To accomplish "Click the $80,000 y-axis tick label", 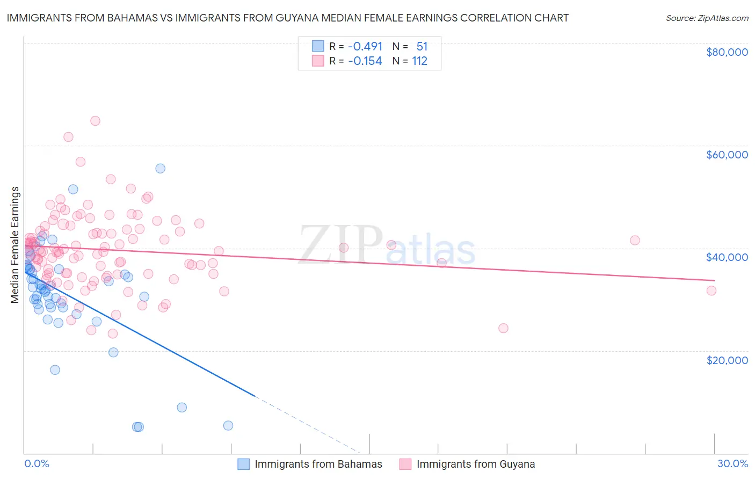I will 727,52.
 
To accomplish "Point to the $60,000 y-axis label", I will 727,155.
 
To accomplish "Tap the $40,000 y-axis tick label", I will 727,257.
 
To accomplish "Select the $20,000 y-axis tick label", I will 727,360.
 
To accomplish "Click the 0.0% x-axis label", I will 37,463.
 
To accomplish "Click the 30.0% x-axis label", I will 732,463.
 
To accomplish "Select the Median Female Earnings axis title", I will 15,245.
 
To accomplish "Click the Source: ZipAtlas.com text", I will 707,18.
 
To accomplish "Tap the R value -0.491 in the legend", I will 365,46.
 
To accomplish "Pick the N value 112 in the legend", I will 419,61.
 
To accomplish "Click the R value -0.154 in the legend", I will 365,61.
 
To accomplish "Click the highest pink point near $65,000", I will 95,121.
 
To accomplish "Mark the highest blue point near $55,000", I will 160,169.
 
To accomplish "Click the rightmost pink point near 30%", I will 711,291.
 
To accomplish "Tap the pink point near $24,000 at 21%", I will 503,328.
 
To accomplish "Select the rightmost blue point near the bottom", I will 228,425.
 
